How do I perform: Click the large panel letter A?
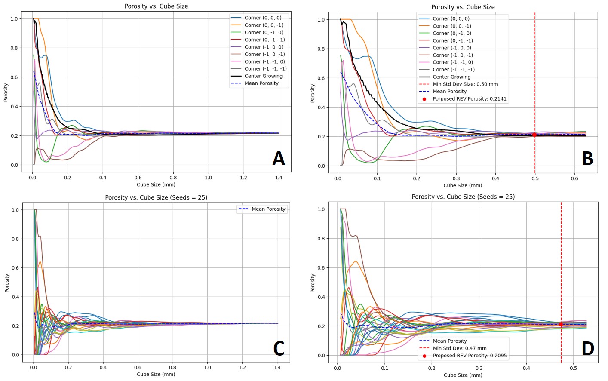(x=279, y=159)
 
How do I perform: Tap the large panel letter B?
(x=587, y=159)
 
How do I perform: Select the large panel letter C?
(x=279, y=348)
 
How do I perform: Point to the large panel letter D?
(x=587, y=348)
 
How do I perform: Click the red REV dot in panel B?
(x=534, y=135)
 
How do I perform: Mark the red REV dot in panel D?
(x=561, y=325)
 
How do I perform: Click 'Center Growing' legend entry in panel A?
(x=263, y=76)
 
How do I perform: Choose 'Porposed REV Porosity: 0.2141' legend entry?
(x=469, y=99)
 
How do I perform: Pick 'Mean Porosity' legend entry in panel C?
(x=268, y=209)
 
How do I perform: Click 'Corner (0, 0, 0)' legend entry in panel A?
(x=263, y=18)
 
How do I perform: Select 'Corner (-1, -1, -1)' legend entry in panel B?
(x=453, y=70)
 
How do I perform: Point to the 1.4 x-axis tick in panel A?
(x=279, y=178)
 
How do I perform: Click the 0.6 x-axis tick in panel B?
(x=574, y=178)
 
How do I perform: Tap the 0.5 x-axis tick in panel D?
(x=573, y=368)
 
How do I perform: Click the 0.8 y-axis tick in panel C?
(x=15, y=239)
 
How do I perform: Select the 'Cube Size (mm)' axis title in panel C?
(x=156, y=374)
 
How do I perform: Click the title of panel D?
(x=463, y=197)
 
